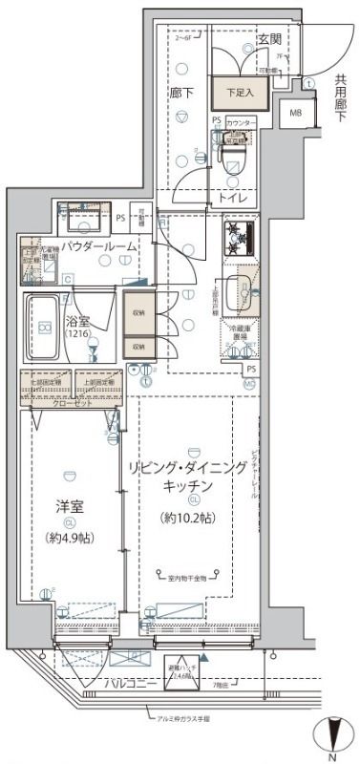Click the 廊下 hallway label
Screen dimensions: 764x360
(x=180, y=94)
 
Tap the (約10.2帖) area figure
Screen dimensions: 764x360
(x=188, y=519)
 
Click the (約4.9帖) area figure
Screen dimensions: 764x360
(x=69, y=538)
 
